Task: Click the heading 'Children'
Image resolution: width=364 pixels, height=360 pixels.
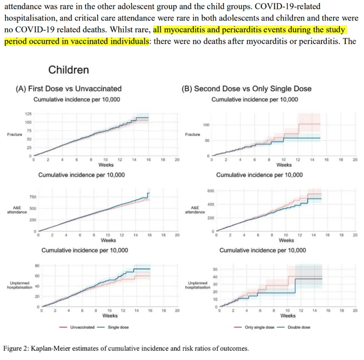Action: (x=68, y=70)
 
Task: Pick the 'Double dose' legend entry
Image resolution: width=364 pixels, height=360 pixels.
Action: (x=296, y=327)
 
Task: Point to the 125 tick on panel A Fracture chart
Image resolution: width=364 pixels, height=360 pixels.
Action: (x=27, y=114)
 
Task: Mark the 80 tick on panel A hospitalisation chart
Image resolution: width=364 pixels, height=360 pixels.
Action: (x=36, y=266)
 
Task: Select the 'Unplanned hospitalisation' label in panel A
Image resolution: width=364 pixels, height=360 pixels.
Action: (x=20, y=285)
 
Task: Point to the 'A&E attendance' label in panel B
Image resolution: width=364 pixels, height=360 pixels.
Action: (x=194, y=209)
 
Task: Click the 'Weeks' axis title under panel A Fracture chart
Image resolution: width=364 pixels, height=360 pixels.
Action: (x=106, y=165)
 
